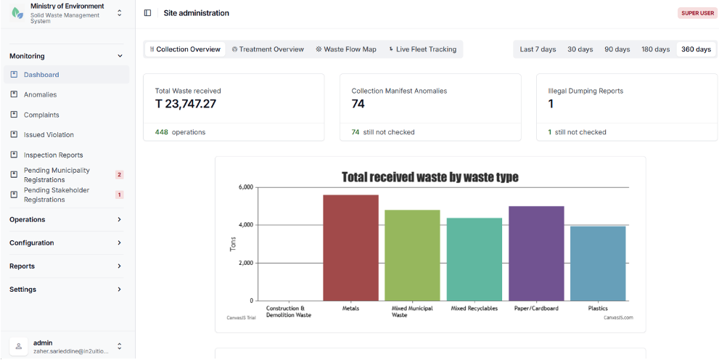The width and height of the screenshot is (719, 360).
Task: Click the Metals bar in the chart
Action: [350, 247]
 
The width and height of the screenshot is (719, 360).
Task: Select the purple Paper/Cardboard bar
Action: [536, 253]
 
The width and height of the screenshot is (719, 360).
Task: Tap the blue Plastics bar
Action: [598, 263]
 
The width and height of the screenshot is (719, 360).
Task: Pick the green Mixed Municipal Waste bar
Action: [412, 255]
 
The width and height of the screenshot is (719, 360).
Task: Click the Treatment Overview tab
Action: [268, 49]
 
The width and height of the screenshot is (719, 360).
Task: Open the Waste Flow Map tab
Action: [346, 49]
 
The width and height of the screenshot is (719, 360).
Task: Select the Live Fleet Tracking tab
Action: [422, 49]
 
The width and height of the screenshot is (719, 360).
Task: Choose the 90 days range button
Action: [617, 49]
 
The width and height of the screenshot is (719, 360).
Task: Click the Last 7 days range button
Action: [538, 49]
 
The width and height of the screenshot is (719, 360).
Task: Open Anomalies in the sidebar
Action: [41, 94]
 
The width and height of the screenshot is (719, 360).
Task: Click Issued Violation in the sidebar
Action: [49, 135]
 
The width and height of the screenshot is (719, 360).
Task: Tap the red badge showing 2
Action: [119, 175]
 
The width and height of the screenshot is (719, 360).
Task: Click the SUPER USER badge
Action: [697, 13]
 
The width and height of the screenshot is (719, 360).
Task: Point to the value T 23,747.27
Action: [185, 104]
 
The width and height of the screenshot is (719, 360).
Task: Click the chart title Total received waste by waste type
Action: [430, 177]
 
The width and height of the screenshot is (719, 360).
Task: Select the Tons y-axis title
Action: [233, 244]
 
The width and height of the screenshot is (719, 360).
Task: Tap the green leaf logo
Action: [17, 13]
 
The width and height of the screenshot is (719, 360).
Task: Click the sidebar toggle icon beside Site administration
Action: [148, 13]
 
